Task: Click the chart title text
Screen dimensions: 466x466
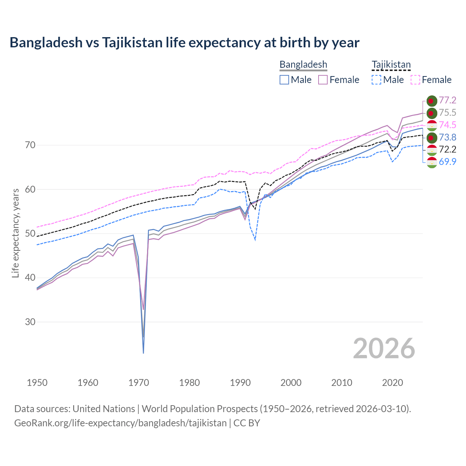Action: tap(184, 43)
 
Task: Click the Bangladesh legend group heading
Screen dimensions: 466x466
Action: tap(303, 64)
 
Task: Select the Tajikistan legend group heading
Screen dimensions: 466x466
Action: tap(391, 64)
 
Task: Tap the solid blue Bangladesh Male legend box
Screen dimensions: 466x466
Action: tap(284, 80)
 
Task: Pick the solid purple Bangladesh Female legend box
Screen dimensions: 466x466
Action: tap(323, 80)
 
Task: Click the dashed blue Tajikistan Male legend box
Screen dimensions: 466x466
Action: tap(376, 80)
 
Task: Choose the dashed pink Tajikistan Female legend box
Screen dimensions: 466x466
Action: tap(415, 80)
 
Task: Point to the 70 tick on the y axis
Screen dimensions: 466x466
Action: tap(30, 145)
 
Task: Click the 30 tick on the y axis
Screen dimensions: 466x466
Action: tap(30, 322)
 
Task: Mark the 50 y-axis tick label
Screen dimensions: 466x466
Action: tap(30, 234)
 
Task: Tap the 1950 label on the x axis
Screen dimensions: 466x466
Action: tap(37, 383)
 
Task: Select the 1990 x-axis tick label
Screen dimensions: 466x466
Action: tap(240, 383)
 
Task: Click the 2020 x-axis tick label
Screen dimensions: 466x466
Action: tap(392, 383)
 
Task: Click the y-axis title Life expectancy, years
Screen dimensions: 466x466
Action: tap(16, 233)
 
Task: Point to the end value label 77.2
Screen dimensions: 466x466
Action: tap(447, 100)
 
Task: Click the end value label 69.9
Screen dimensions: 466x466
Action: tap(447, 162)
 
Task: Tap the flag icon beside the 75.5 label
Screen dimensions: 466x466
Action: tap(432, 113)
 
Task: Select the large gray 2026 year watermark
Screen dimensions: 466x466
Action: tap(384, 348)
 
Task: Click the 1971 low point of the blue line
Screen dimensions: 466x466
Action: tap(143, 352)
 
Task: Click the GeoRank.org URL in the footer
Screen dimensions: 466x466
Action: tap(120, 423)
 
